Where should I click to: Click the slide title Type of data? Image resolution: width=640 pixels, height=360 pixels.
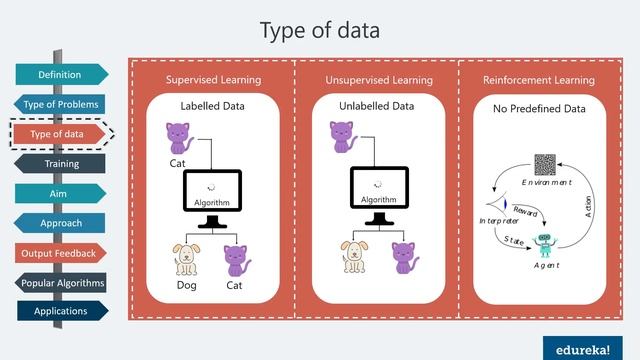319,30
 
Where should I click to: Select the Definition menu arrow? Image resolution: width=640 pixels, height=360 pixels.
60,74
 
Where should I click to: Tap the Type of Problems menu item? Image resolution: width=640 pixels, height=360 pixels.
60,104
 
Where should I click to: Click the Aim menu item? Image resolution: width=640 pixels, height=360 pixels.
60,193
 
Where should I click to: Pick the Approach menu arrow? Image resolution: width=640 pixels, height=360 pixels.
61,223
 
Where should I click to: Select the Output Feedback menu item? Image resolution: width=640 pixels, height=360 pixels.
60,253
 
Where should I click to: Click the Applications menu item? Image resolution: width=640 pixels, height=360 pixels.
60,311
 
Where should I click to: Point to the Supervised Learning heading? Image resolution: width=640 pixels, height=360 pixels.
213,80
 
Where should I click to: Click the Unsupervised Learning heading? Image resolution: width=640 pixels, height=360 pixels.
377,80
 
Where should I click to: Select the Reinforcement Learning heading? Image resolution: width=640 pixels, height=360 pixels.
539,80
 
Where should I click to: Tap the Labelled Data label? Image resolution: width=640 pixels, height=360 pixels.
213,106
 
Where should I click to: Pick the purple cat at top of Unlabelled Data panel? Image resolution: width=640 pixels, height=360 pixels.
344,137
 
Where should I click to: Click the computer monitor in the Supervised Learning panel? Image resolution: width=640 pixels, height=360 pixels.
213,193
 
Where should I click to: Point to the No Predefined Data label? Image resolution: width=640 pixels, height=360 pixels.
539,106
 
